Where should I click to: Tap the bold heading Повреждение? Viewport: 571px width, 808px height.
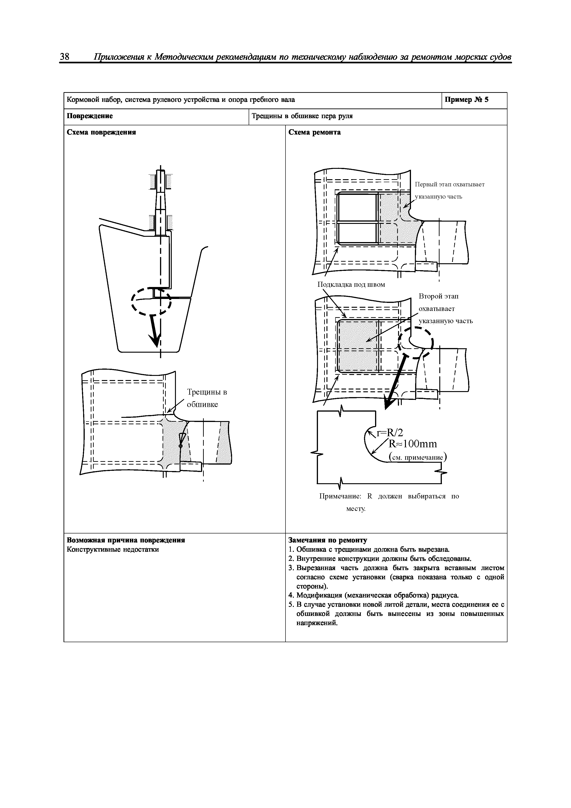pyautogui.click(x=90, y=116)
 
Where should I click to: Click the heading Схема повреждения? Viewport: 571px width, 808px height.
pyautogui.click(x=101, y=132)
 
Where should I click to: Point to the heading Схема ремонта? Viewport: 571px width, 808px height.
pyautogui.click(x=314, y=132)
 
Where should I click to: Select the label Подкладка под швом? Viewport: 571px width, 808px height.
pyautogui.click(x=351, y=284)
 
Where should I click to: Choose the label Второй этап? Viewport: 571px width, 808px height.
pyautogui.click(x=438, y=296)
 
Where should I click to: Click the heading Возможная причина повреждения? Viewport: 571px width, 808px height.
pyautogui.click(x=126, y=540)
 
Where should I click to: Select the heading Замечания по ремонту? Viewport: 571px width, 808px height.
pyautogui.click(x=328, y=540)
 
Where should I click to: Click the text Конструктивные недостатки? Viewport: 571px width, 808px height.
pyautogui.click(x=113, y=549)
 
